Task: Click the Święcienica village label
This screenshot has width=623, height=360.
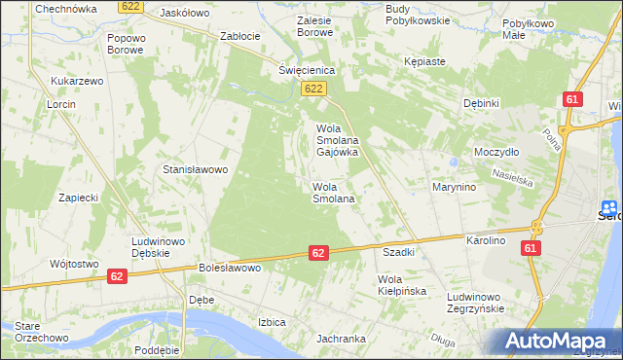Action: (x=307, y=71)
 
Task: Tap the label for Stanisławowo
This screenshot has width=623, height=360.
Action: (x=195, y=169)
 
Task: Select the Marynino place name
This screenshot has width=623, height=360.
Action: (x=454, y=187)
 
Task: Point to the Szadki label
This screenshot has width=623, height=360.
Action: (x=399, y=252)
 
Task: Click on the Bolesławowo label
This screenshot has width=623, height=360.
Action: (x=232, y=267)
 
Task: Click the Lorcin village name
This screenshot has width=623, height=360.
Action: (x=61, y=103)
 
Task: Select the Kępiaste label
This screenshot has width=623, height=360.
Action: (x=424, y=61)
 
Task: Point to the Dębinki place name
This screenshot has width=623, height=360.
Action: (x=481, y=103)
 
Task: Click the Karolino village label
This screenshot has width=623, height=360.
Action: (x=487, y=239)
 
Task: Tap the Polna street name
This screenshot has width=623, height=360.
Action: (x=556, y=135)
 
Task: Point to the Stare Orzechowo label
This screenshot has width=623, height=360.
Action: (x=36, y=332)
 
